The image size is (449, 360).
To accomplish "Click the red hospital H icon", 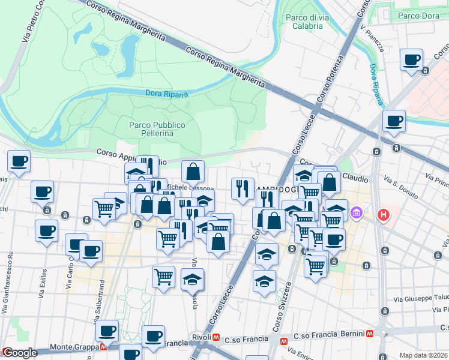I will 382,214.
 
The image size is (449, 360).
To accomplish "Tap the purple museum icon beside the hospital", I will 357,213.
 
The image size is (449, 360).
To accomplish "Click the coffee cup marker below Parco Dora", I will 412,60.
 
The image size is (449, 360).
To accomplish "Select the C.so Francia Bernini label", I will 330,334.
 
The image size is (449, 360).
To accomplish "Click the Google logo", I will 19,353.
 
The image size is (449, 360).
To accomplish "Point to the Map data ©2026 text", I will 424,355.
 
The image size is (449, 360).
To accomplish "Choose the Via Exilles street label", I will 43,287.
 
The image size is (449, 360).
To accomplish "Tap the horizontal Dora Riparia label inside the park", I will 167,94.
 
